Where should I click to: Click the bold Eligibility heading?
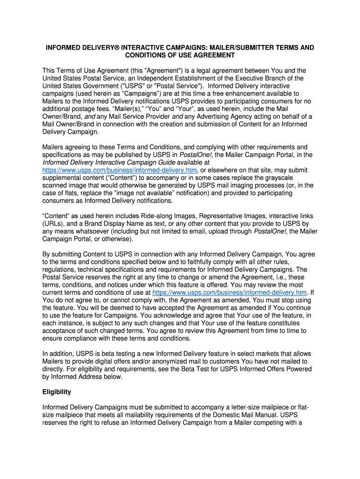[x=57, y=392]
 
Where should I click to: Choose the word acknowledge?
[x=202, y=315]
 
